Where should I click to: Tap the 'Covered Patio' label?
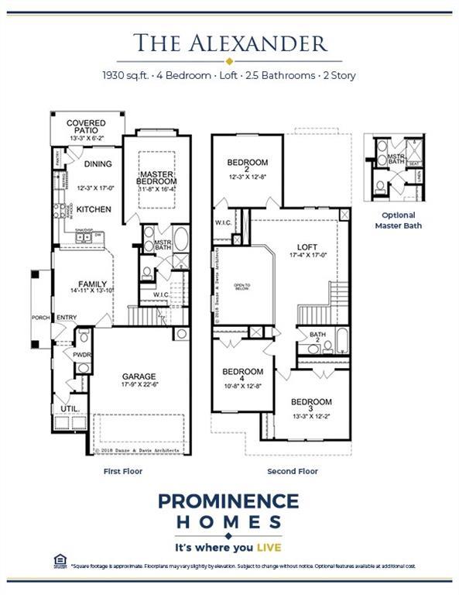tap(86, 128)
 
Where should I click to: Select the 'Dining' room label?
tap(98, 164)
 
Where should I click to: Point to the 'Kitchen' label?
tap(94, 209)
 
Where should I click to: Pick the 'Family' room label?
tap(91, 284)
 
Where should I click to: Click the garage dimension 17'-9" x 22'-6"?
tap(139, 385)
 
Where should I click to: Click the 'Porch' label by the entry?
tap(40, 318)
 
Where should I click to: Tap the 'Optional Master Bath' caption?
tap(399, 220)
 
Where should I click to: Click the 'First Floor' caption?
tap(123, 471)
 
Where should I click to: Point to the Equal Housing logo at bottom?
tap(59, 560)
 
